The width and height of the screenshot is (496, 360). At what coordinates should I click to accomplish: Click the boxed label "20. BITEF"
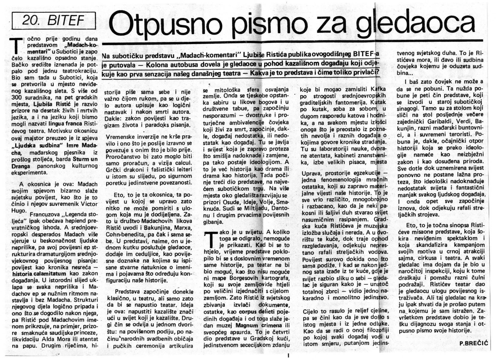click(x=53, y=21)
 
